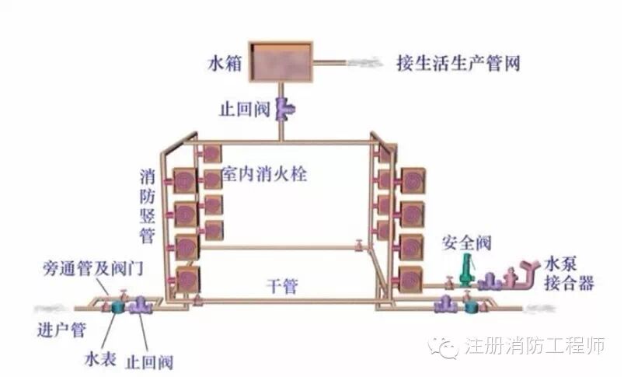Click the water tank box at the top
coord(279,60)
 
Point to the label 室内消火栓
coord(264,174)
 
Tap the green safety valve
coord(467,269)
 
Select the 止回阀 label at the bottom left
coord(152,361)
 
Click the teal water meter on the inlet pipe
coord(119,305)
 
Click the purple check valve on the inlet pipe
coord(141,305)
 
